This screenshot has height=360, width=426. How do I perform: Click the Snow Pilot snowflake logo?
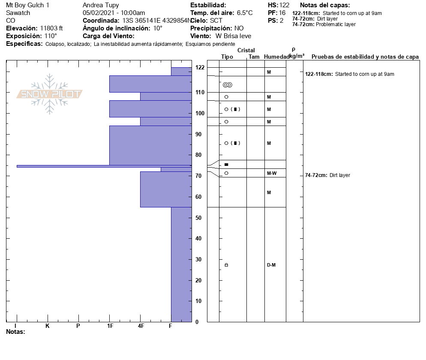[50, 94]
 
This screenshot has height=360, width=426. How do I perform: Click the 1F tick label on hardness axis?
[110, 326]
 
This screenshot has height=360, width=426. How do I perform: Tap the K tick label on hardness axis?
[48, 326]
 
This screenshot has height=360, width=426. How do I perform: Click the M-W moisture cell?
[271, 173]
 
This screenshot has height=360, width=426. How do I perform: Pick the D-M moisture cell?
[271, 265]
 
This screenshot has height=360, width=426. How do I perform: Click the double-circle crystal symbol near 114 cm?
[228, 85]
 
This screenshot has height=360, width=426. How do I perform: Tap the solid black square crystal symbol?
[226, 165]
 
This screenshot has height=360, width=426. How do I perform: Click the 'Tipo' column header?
[227, 57]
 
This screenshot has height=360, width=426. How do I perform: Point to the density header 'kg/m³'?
[297, 56]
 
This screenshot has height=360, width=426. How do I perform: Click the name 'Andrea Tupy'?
[101, 5]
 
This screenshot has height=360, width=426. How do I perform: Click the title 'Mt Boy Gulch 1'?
[27, 5]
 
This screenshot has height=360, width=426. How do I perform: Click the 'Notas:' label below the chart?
[15, 332]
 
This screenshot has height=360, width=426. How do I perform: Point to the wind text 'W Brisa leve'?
[234, 36]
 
